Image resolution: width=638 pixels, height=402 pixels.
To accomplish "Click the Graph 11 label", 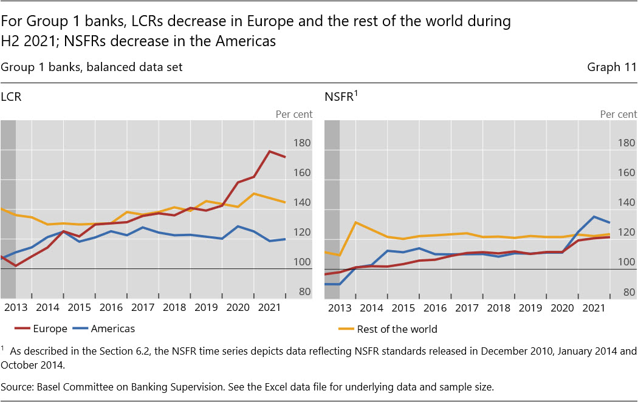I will pos(612,67).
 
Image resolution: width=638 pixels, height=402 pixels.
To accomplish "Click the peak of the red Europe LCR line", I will pos(269,151).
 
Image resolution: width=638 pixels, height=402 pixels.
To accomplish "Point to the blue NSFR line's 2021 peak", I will pos(594,216).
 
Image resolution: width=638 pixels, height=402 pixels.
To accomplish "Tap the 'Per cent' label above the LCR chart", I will pos(294,114).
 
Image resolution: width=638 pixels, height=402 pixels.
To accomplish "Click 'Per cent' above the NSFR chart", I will pos(619,114).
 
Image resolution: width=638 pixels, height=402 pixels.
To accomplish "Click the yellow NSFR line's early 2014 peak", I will pos(355,222).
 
